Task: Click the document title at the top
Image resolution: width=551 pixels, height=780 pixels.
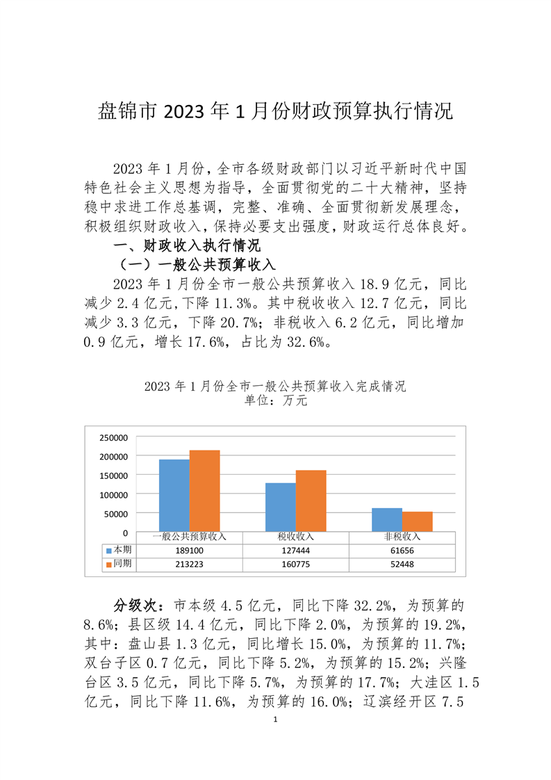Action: (x=274, y=111)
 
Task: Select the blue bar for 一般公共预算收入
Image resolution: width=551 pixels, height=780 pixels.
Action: (x=174, y=496)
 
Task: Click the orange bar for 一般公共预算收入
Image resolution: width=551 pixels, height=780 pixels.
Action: (x=204, y=491)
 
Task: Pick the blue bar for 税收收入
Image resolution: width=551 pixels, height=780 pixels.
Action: (x=280, y=507)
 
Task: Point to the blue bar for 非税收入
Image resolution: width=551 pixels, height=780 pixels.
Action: (x=386, y=520)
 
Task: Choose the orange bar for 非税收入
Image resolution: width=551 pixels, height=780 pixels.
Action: (x=417, y=522)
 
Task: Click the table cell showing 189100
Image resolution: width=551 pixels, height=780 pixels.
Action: (x=190, y=550)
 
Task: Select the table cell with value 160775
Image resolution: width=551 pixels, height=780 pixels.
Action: (x=296, y=564)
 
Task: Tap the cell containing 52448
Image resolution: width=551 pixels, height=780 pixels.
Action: (x=402, y=564)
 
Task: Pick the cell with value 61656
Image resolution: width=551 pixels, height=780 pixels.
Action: (x=402, y=550)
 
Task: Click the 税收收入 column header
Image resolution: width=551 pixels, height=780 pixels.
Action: (x=296, y=537)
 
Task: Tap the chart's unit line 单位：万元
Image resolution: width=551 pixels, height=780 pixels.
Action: (x=275, y=401)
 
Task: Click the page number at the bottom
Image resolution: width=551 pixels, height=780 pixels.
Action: (x=276, y=720)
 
